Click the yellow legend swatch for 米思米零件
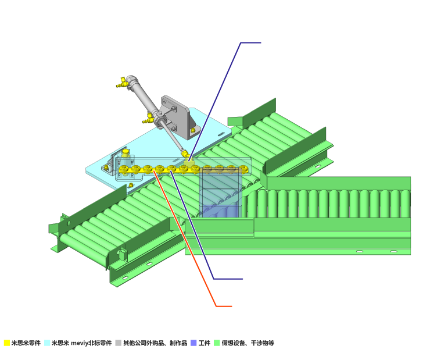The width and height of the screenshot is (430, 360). pos(7,343)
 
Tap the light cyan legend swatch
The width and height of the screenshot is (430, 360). pos(47,343)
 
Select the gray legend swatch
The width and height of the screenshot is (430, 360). pos(118,343)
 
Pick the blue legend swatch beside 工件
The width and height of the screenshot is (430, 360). pos(193,343)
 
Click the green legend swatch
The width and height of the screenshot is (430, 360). pos(217,343)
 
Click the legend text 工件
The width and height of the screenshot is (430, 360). pos(205,343)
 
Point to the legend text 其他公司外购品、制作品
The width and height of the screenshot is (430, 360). pos(155,343)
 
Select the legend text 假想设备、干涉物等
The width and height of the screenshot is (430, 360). pos(248,343)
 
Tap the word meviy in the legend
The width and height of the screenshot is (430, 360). pos(79,343)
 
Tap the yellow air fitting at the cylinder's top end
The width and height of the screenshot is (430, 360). pos(121,82)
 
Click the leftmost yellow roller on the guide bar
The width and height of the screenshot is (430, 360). pos(124,169)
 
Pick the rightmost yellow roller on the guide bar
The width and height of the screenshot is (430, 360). pos(243,169)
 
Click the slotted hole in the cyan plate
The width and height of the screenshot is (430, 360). pos(221,134)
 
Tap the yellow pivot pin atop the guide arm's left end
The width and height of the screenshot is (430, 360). pos(126,152)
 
